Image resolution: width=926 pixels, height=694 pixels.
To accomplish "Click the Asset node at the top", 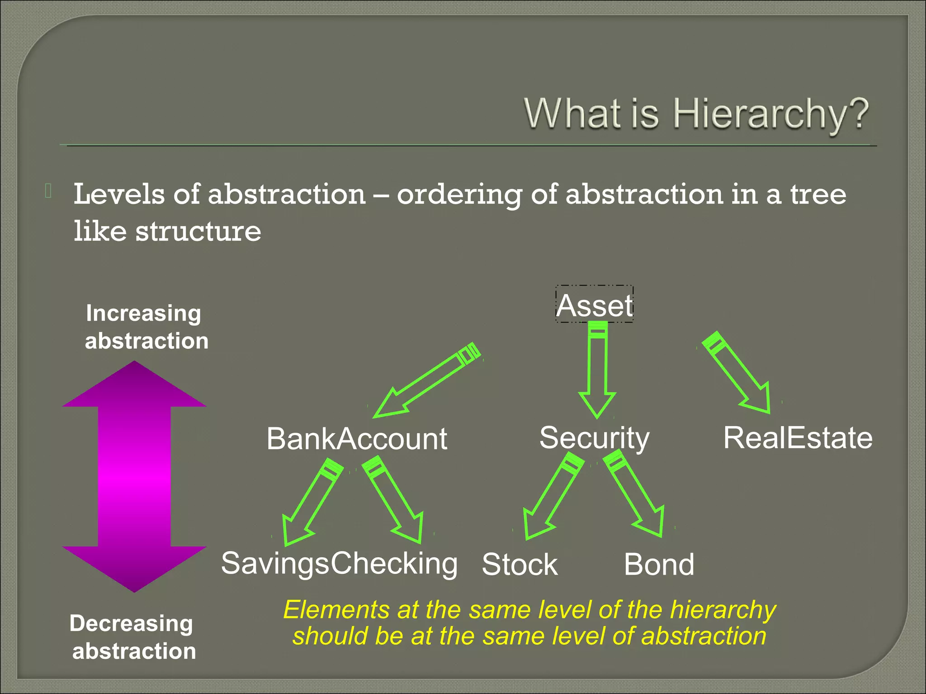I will click(x=594, y=305).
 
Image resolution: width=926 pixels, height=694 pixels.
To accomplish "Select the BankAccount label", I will click(x=356, y=439).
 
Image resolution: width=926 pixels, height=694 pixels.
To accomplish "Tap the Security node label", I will click(x=594, y=438).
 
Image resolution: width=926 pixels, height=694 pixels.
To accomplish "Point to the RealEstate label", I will click(x=798, y=438).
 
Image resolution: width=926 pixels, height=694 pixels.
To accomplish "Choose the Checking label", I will click(x=394, y=563).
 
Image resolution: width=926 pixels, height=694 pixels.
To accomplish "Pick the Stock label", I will click(x=520, y=564).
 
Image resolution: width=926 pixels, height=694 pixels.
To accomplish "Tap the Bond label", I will click(x=659, y=564).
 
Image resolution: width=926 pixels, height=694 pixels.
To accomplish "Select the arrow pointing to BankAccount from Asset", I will click(x=427, y=380).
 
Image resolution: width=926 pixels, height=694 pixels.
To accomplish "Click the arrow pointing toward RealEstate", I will click(x=737, y=373).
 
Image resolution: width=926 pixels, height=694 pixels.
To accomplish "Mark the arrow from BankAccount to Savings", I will click(x=312, y=502).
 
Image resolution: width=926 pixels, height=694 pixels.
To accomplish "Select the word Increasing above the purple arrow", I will click(x=143, y=313).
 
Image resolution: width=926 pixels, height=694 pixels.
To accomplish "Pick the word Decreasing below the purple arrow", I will click(x=131, y=624).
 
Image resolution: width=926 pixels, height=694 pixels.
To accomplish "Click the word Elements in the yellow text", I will click(x=336, y=610).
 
